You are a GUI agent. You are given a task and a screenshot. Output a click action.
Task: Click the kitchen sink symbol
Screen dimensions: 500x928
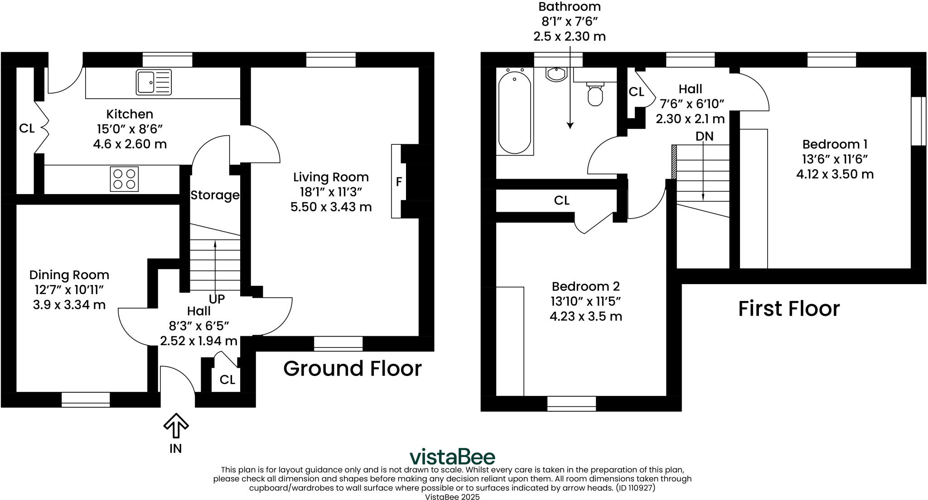click(154, 82)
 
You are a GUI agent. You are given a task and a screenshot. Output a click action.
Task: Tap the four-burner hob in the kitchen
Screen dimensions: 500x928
click(124, 179)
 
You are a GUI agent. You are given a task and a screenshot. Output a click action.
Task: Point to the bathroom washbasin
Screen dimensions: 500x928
click(556, 74)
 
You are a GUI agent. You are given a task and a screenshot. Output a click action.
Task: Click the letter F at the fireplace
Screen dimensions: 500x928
click(399, 182)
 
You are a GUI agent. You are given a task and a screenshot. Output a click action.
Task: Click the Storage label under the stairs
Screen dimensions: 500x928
click(215, 195)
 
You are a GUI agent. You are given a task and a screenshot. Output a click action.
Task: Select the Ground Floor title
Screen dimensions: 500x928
click(352, 368)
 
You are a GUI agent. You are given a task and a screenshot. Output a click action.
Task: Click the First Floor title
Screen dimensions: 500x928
click(788, 309)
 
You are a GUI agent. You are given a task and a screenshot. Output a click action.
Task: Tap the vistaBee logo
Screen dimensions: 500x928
click(452, 457)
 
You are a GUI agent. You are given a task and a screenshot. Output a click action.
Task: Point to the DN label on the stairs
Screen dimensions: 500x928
click(704, 136)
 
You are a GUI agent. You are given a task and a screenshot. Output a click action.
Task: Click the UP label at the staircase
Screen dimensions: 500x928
click(217, 299)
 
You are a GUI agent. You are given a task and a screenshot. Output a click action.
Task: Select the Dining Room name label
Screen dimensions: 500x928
click(69, 275)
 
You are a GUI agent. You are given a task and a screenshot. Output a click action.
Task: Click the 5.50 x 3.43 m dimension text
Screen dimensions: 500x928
click(331, 207)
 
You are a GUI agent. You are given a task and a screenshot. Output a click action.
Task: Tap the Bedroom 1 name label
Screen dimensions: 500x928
click(835, 144)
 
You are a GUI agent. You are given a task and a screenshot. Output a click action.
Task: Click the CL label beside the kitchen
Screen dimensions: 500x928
click(27, 129)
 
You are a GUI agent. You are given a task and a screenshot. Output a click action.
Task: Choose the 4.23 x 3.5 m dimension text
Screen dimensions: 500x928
click(585, 316)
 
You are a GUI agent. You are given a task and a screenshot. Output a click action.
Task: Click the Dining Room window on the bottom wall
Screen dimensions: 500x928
click(86, 400)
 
